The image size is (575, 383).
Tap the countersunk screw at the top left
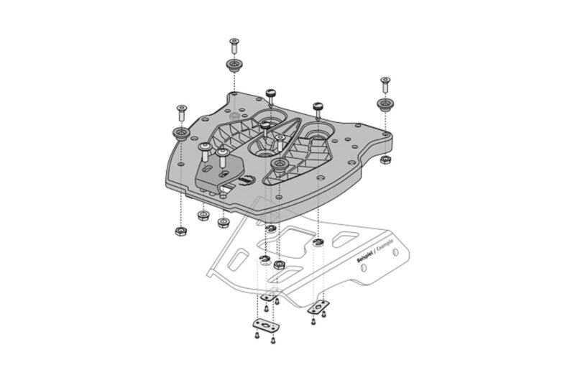234,45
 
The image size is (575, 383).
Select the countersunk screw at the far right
386,85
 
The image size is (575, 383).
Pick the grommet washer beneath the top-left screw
234,66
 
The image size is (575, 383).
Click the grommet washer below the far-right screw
387,105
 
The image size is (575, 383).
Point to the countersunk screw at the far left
179,112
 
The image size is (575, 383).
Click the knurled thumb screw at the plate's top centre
271,95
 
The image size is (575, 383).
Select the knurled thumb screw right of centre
316,109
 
